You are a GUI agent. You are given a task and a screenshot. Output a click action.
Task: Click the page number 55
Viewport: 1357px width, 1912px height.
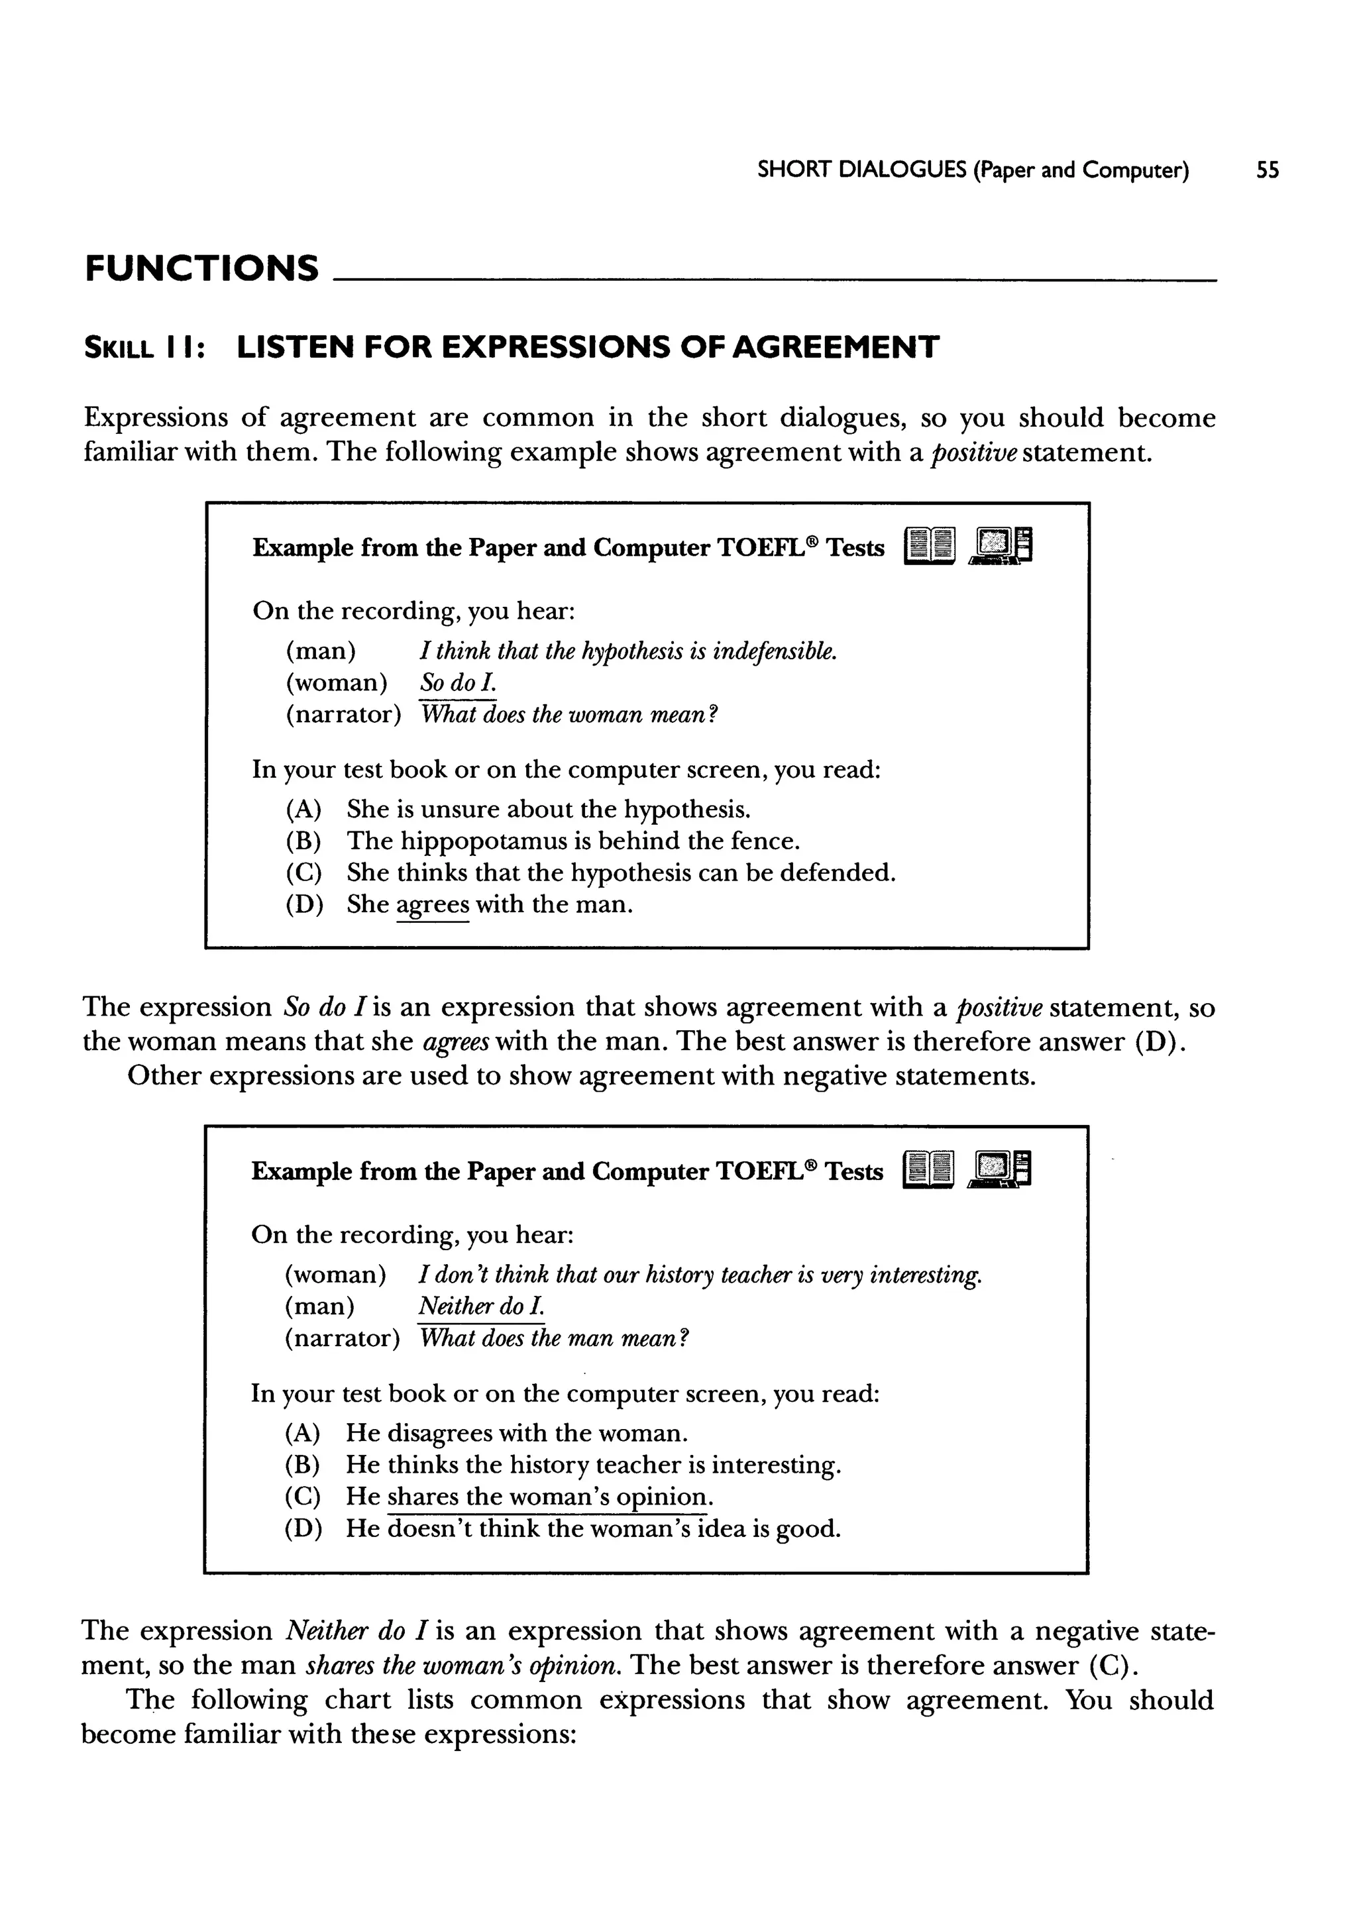coord(1267,170)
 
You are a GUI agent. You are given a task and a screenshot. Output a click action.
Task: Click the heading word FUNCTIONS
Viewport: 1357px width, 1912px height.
coord(201,268)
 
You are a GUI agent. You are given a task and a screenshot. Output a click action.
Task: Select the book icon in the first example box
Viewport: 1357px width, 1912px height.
coord(928,547)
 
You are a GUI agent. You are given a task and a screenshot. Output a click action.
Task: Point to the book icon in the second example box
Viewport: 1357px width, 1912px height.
coord(928,1169)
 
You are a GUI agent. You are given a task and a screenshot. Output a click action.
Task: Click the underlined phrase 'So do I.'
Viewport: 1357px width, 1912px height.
coord(458,683)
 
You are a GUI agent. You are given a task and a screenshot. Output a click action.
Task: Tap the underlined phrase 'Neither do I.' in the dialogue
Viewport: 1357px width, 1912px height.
coord(481,1306)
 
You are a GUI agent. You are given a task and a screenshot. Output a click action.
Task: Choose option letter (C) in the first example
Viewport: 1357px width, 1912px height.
coord(303,873)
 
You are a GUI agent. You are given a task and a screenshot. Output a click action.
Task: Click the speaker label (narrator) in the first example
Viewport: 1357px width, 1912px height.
coord(343,715)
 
